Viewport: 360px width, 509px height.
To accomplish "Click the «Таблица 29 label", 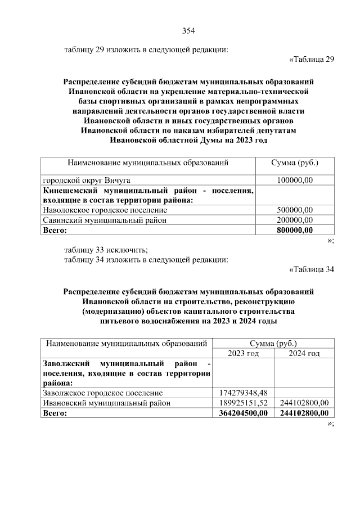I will [x=312, y=60].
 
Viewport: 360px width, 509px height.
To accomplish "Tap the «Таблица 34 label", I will [x=312, y=269].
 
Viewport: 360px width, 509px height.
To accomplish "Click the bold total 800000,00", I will [x=295, y=231].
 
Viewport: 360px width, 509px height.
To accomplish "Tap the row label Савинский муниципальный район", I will [x=105, y=220].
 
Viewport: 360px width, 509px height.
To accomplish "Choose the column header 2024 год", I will [x=304, y=353].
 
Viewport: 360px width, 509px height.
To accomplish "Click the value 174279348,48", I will [x=244, y=393].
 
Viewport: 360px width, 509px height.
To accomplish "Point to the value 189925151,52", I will [x=244, y=403].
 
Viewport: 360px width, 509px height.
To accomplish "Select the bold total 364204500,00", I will [x=244, y=413].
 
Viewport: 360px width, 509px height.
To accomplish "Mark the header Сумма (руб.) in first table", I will [x=295, y=163].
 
